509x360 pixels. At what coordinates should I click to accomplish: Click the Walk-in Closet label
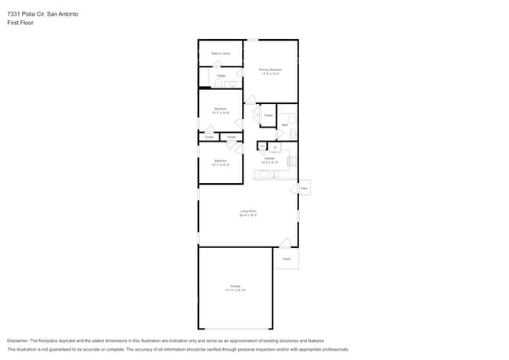tap(220, 53)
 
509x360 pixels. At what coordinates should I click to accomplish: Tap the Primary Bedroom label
tap(270, 71)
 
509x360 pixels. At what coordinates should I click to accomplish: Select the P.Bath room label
tap(222, 76)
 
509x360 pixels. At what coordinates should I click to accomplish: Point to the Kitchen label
tap(269, 159)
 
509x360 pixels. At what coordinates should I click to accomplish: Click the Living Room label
tap(248, 212)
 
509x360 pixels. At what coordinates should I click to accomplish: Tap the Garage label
tap(235, 287)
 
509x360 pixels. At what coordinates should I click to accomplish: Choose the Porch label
tap(287, 258)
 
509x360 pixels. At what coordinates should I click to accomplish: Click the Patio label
tap(305, 189)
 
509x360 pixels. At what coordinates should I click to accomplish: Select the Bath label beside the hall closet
tap(285, 124)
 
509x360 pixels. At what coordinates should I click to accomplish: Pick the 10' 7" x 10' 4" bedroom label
tap(220, 110)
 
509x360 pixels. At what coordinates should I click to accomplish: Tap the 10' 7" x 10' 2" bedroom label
tap(220, 163)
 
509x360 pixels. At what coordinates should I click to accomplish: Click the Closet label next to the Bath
tap(268, 116)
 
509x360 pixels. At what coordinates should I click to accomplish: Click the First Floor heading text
tap(20, 23)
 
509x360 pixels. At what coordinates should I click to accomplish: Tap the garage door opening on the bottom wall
tap(234, 329)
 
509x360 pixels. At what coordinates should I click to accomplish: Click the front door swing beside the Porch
tap(286, 243)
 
